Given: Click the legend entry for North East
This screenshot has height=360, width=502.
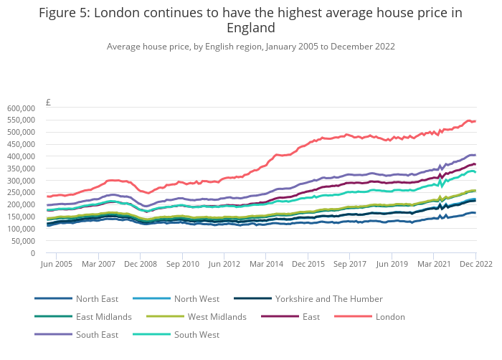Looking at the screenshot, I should (97, 298).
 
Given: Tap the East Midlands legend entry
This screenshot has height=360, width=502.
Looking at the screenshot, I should (103, 316).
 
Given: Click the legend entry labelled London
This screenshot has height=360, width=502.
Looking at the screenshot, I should (390, 316).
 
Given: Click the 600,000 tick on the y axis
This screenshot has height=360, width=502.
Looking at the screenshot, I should (22, 108).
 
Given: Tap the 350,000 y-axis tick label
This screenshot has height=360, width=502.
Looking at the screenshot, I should (22, 168).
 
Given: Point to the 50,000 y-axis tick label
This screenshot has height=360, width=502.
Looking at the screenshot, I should (24, 240).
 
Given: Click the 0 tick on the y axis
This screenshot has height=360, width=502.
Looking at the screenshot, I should (32, 252).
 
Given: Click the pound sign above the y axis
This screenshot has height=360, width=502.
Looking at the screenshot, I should (48, 103).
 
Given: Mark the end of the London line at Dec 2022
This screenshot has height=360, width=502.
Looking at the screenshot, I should (475, 120).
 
